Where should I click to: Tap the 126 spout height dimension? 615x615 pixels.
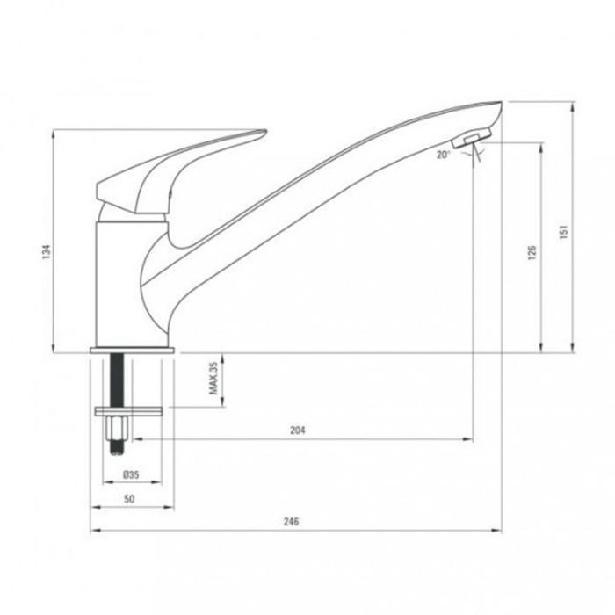coord(532,252)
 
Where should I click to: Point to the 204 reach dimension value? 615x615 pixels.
coord(297,430)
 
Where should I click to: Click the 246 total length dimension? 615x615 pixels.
coord(292,521)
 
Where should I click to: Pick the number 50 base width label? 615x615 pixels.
coord(130,498)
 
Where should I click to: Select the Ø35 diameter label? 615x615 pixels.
coord(131,474)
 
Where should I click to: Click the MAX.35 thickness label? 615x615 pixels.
coord(213,380)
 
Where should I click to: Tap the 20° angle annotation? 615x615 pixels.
coord(443,155)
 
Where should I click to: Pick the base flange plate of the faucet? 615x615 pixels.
coord(134,349)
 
